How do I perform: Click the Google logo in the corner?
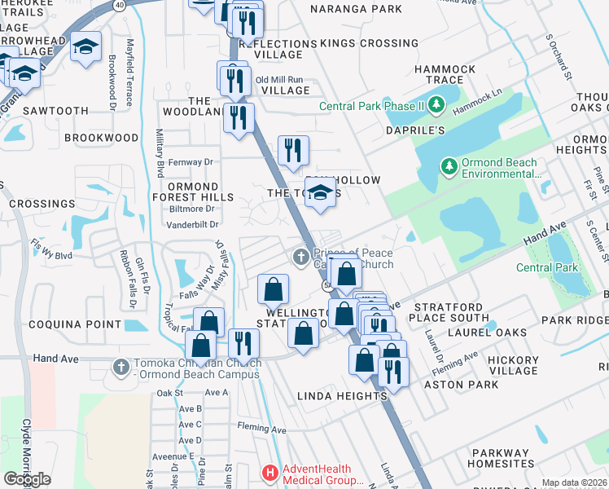pyautogui.click(x=27, y=479)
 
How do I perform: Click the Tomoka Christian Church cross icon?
pyautogui.click(x=121, y=364)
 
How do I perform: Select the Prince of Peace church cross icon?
pyautogui.click(x=300, y=258)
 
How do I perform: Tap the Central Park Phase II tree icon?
pyautogui.click(x=436, y=105)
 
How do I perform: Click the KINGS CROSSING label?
pyautogui.click(x=369, y=43)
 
